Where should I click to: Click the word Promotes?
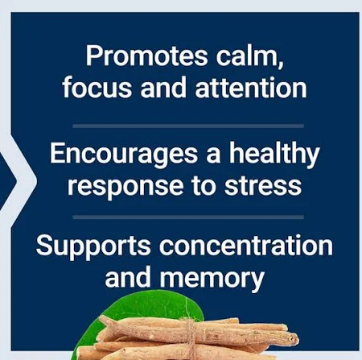click(x=146, y=56)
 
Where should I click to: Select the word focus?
click(x=97, y=87)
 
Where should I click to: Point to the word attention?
click(x=251, y=87)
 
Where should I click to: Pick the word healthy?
click(x=274, y=154)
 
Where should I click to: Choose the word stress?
click(x=263, y=185)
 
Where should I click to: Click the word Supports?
click(x=93, y=246)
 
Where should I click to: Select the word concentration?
click(x=246, y=245)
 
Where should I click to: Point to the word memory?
click(x=212, y=278)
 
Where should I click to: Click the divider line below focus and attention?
click(x=188, y=126)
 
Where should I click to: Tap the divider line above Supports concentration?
click(x=188, y=217)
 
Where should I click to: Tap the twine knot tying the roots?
click(x=190, y=326)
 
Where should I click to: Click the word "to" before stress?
click(x=204, y=185)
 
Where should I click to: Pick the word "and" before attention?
click(x=163, y=87)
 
